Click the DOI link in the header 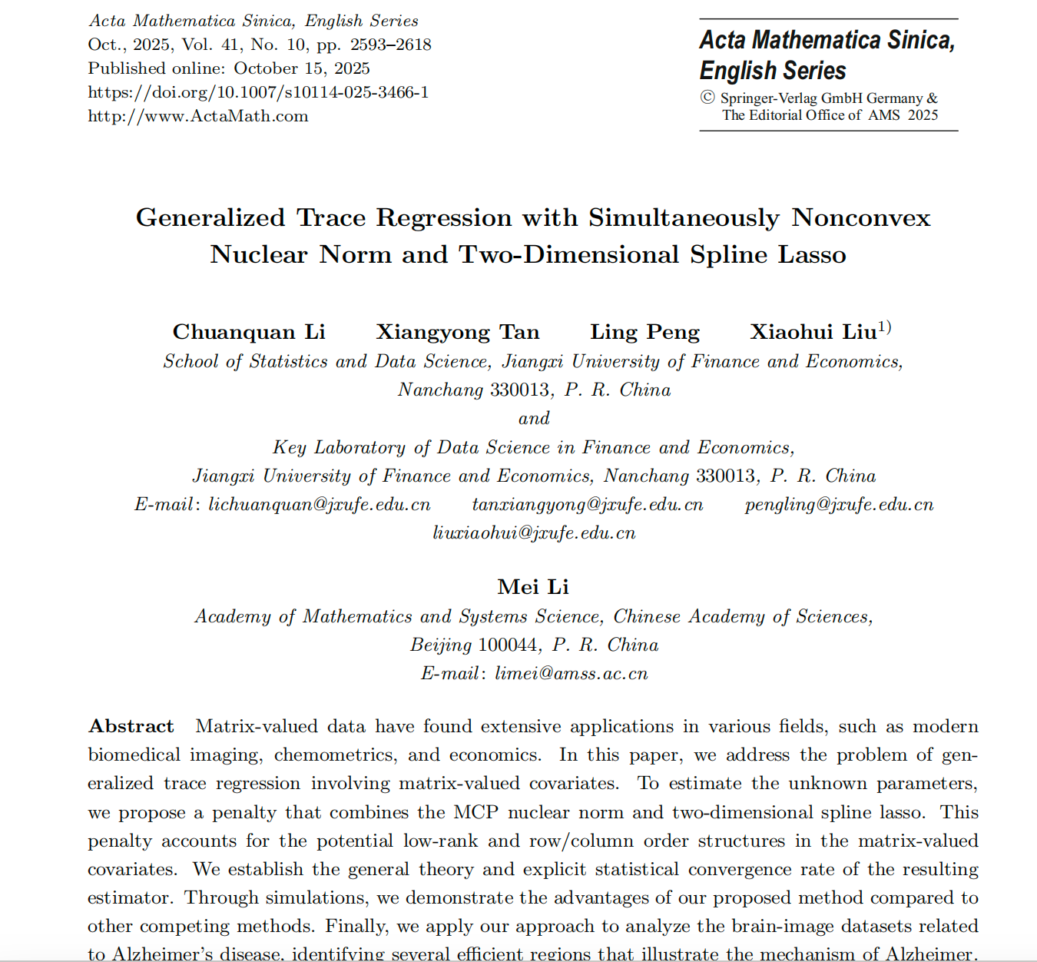click(x=258, y=92)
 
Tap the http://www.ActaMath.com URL click(x=197, y=116)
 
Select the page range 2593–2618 click(x=391, y=45)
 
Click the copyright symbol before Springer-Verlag click(x=707, y=98)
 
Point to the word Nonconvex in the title click(x=861, y=217)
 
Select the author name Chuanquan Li click(x=249, y=332)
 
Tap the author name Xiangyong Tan click(x=457, y=332)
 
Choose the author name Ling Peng click(x=644, y=332)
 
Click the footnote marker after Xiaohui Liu click(x=885, y=327)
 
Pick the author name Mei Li click(x=533, y=587)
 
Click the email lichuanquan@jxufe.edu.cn click(x=320, y=505)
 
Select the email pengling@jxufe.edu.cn click(x=839, y=505)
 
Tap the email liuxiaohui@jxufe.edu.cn click(x=534, y=533)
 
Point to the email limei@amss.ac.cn click(x=571, y=674)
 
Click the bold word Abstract click(x=131, y=727)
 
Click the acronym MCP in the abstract click(x=475, y=813)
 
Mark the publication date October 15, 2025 click(x=302, y=68)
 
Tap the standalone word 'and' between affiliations click(x=534, y=419)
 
